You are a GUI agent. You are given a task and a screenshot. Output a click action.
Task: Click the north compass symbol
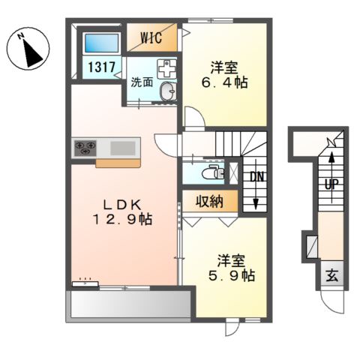pos(28,49)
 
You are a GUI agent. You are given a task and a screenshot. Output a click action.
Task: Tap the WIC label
pos(151,38)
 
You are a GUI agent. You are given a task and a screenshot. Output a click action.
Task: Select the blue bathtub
pos(101,43)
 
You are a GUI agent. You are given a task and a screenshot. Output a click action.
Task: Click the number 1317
pos(101,67)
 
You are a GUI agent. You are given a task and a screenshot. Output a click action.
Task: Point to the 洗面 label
pos(142,82)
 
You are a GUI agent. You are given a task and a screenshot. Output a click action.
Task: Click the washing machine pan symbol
pos(166,69)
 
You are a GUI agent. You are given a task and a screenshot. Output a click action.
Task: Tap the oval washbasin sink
pos(168,91)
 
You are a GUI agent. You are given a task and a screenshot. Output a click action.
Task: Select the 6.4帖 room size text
pos(224,82)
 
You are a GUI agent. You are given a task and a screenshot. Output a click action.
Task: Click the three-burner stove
pos(85,147)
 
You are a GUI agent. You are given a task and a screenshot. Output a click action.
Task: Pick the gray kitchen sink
pos(123,148)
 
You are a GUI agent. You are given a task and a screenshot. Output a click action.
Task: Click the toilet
pos(213,172)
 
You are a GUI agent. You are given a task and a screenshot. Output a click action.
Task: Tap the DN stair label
pos(257,177)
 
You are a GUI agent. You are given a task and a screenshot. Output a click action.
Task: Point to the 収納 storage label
pos(209,201)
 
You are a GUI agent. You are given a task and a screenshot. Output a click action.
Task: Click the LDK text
pos(122,205)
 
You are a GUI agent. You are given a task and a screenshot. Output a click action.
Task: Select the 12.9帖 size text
pos(122,220)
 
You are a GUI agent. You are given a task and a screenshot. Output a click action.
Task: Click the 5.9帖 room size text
pos(232,276)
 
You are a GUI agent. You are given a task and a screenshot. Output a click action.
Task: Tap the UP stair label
pos(331,184)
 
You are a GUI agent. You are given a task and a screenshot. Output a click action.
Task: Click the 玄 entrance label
pos(332,277)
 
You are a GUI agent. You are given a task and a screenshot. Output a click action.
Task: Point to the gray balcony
pos(130,304)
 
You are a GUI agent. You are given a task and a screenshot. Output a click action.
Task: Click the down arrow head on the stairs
pos(256,204)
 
